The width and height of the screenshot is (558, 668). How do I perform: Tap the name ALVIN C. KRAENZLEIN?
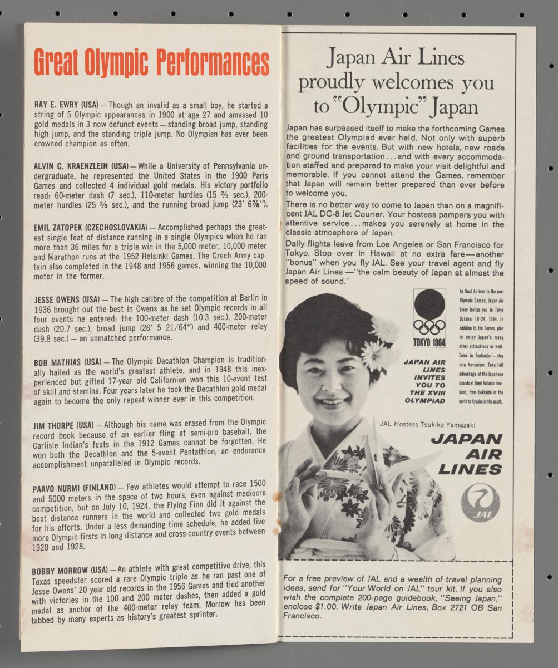(x=70, y=166)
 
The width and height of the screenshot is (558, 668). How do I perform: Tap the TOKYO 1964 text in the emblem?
(x=429, y=341)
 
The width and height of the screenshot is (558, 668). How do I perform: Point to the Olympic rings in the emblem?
(x=429, y=326)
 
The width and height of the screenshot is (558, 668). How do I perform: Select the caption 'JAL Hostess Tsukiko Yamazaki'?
(x=427, y=424)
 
